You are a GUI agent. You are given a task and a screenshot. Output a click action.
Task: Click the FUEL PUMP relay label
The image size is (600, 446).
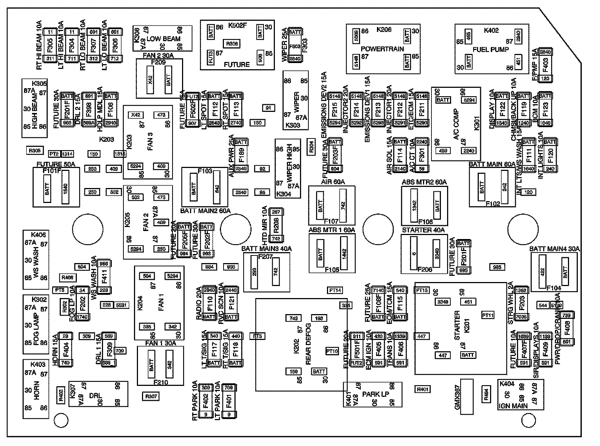point(490,50)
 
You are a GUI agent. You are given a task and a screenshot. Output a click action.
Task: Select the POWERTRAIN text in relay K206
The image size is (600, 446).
point(382,49)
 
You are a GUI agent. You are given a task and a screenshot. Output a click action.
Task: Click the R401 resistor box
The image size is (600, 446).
point(422,390)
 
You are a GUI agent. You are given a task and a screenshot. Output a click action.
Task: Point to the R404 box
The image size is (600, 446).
point(486,394)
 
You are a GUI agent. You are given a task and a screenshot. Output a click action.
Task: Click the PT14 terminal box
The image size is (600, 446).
point(335,290)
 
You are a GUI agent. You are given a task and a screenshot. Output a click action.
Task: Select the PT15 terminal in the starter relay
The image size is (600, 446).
point(422,290)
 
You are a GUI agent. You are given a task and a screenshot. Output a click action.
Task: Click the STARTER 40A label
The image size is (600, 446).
point(423,230)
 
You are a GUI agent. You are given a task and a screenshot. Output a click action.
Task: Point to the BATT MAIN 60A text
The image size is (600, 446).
point(492,164)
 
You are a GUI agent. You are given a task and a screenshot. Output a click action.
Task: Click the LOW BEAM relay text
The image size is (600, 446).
point(166,39)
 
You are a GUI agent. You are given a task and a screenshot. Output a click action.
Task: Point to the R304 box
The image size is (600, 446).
point(311,142)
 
